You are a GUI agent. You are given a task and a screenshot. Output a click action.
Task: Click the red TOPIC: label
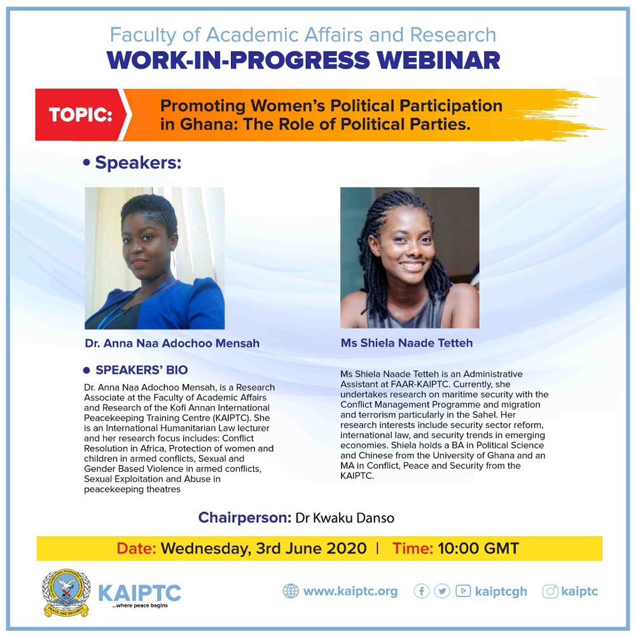(80, 114)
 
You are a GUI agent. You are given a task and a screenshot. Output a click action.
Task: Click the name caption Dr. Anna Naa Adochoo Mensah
(172, 343)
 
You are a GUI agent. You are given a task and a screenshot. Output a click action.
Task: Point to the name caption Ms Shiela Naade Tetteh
(407, 343)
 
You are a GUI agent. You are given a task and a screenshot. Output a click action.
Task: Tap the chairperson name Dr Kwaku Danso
(345, 518)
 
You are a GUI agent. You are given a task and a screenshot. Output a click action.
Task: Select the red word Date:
(136, 548)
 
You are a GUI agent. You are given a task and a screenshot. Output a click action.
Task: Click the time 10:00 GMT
(478, 548)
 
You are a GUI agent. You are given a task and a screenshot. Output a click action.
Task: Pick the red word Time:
(413, 548)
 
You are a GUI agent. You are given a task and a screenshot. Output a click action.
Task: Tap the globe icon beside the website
(291, 591)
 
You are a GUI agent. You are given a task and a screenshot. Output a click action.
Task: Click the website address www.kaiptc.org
(350, 591)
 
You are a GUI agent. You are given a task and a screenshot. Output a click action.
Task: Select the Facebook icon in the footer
(422, 591)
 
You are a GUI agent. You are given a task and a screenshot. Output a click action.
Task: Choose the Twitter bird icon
(442, 591)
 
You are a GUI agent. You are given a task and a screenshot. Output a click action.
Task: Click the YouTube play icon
(463, 591)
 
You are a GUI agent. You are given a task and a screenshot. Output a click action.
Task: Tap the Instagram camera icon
(550, 591)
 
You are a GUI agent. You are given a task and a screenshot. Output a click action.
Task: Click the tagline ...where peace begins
(140, 605)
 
